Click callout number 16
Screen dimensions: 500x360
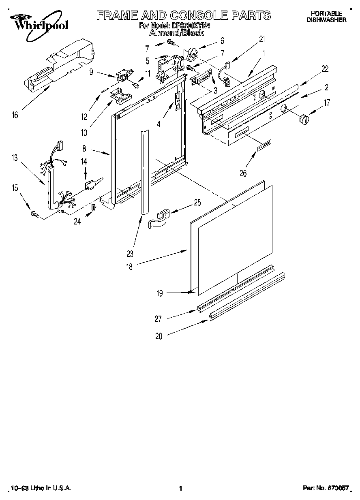tap(15, 115)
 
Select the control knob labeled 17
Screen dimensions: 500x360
tap(304, 120)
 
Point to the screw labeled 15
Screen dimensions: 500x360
tap(34, 214)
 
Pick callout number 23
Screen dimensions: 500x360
tap(130, 254)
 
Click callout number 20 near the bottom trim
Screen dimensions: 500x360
tap(159, 336)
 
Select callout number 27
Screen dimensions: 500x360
tap(158, 319)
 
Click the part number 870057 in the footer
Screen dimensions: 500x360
tap(338, 489)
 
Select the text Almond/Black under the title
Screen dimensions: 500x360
tap(176, 32)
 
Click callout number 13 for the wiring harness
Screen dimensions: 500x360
tap(15, 158)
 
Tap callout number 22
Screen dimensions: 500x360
tap(325, 69)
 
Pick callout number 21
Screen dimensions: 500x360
tap(262, 39)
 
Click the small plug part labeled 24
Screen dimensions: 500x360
tap(92, 207)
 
